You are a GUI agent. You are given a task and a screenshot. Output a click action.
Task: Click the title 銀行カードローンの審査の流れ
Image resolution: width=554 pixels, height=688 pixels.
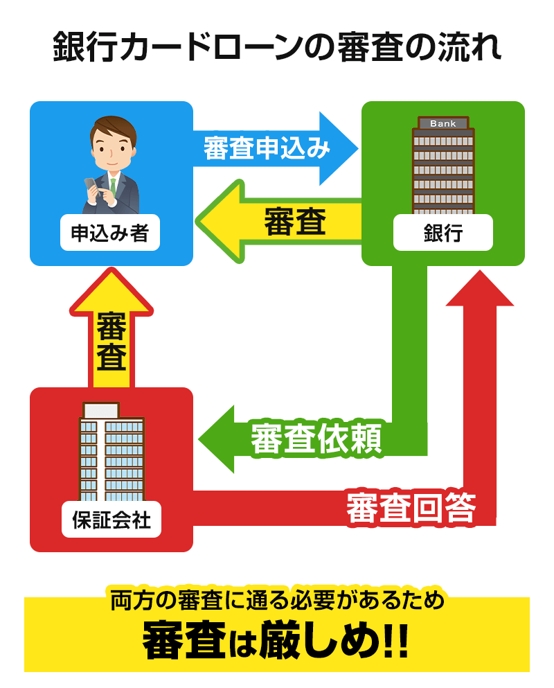pos(276,48)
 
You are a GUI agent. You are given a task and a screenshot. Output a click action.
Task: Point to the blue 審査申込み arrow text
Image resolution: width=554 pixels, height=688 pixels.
pos(267,148)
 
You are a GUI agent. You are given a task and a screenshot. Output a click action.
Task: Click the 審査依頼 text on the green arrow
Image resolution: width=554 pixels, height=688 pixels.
pos(315,439)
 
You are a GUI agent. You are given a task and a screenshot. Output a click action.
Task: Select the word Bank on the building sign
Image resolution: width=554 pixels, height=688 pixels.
pos(443,124)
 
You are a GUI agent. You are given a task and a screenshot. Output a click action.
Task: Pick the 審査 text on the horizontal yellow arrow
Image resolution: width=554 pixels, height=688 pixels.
pos(294,223)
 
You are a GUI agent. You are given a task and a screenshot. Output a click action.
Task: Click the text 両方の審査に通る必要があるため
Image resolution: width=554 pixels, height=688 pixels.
pos(276,599)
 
